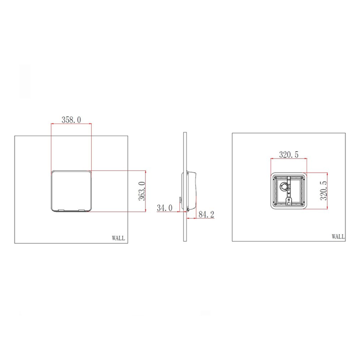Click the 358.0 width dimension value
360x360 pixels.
pos(71,120)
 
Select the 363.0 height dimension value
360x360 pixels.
pos(142,191)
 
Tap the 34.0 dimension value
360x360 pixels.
pos(164,208)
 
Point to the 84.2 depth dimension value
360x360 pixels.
pos(206,215)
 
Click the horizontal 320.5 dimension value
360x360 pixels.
pos(289,155)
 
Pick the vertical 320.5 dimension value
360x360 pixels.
pos(324,191)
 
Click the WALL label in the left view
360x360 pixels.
pos(118,238)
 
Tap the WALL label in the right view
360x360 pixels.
pos(338,237)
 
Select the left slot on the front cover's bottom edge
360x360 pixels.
pos(61,210)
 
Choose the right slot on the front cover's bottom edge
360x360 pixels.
pos(81,210)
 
